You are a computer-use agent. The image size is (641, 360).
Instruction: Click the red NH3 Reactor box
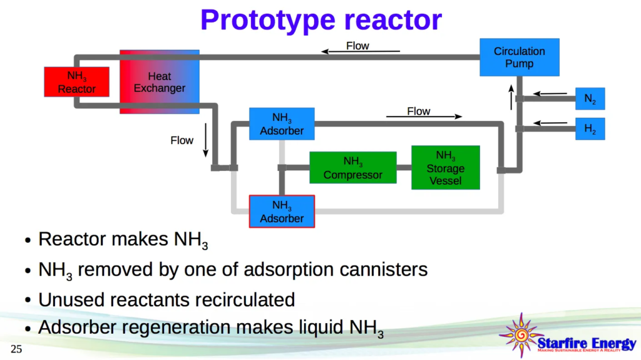click(x=76, y=81)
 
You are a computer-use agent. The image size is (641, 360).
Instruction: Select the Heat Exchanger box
click(x=159, y=82)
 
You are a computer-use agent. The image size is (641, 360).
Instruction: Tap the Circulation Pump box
click(x=519, y=57)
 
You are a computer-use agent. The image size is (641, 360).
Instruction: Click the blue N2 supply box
click(x=590, y=98)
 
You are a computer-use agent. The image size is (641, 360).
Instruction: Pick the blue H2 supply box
click(x=590, y=128)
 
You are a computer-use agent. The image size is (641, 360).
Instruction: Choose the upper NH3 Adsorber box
click(x=282, y=123)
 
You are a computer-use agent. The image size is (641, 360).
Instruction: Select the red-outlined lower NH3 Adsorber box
click(x=282, y=211)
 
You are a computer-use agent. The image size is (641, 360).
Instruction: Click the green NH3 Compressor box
click(x=352, y=168)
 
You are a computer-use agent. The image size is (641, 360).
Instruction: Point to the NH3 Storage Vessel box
click(x=445, y=167)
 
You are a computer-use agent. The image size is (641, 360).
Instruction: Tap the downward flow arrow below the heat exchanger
click(x=205, y=143)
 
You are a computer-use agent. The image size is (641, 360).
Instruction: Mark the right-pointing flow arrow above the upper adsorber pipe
click(x=424, y=116)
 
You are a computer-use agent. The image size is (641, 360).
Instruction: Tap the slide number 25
click(x=16, y=349)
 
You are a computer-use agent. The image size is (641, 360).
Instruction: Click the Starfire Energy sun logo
click(x=518, y=335)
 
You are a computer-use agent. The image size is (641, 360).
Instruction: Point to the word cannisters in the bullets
click(x=384, y=269)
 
